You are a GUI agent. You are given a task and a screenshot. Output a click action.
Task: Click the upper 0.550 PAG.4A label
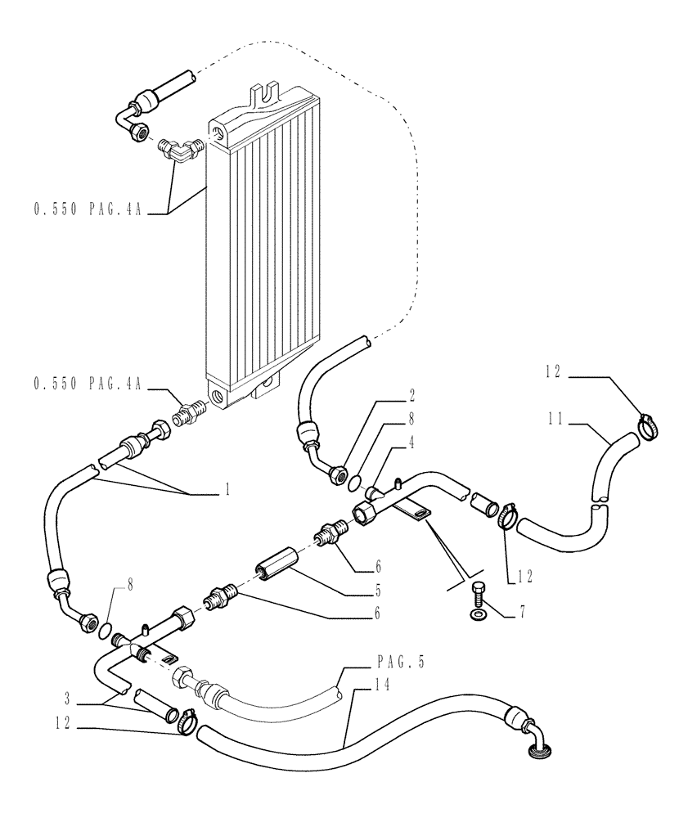[x=88, y=210]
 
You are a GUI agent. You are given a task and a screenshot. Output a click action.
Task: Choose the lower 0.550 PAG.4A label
[x=88, y=384]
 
